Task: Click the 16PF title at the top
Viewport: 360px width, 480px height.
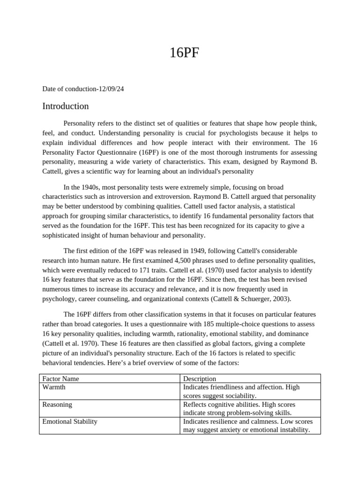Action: click(184, 53)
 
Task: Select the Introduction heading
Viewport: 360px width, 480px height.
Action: click(65, 106)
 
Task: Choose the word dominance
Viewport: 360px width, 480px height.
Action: click(292, 334)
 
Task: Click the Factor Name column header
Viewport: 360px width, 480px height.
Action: click(60, 378)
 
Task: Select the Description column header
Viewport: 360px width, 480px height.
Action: click(200, 378)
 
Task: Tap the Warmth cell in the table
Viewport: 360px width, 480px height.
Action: click(54, 387)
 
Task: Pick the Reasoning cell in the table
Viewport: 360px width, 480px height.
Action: click(57, 404)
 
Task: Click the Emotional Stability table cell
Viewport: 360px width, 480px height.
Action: click(70, 421)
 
